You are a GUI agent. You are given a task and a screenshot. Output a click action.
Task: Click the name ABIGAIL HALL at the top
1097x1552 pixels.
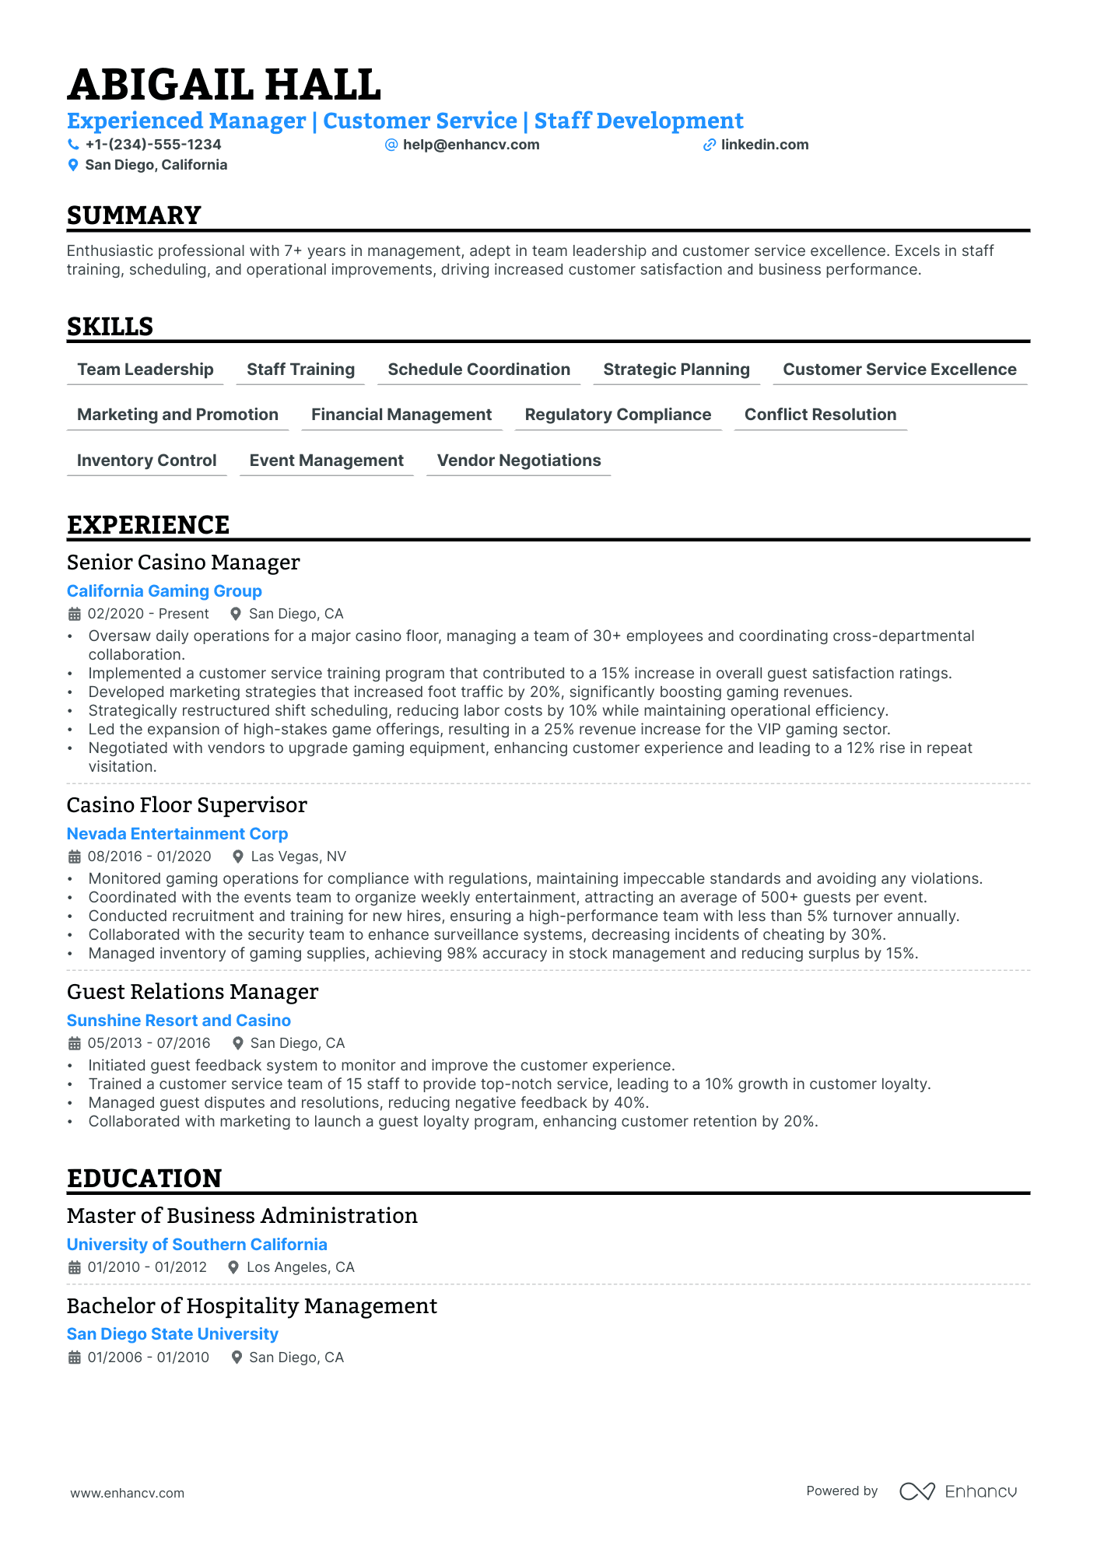(224, 85)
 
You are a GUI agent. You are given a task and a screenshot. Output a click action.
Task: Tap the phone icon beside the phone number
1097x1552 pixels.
(73, 145)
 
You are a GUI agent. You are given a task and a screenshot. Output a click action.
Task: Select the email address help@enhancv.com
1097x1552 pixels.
(471, 145)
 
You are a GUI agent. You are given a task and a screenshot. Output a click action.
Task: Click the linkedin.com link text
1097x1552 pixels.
(764, 145)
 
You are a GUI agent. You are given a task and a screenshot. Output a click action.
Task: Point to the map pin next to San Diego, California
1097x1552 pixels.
(73, 165)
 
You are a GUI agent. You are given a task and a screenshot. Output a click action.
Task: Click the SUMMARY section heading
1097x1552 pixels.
(134, 215)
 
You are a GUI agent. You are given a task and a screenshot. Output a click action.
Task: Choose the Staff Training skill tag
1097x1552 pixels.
(300, 370)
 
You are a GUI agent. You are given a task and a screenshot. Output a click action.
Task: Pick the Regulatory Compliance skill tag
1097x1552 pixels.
(618, 415)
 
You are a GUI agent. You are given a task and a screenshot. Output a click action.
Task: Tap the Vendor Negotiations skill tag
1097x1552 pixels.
(519, 461)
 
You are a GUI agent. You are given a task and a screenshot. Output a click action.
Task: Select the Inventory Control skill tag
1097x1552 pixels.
(146, 461)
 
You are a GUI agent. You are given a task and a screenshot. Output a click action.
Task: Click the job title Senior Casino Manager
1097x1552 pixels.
(183, 562)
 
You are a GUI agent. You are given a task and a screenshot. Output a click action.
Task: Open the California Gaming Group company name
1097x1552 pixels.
(164, 591)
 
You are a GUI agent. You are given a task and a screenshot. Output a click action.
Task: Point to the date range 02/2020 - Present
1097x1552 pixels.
(148, 614)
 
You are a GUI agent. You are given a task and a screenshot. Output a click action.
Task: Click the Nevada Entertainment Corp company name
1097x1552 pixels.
(177, 834)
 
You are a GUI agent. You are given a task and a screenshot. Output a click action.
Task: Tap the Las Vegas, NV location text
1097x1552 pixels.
(298, 857)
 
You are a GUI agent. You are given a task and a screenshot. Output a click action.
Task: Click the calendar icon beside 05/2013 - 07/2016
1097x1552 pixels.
(75, 1043)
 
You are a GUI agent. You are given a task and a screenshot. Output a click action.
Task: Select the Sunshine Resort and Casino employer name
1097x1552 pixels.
(178, 1021)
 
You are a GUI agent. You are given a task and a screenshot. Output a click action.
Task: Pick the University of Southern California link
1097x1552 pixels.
(197, 1245)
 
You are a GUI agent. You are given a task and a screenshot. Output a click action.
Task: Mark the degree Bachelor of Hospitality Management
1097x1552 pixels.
(251, 1306)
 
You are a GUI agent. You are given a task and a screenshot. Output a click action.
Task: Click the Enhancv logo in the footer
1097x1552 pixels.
(959, 1491)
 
